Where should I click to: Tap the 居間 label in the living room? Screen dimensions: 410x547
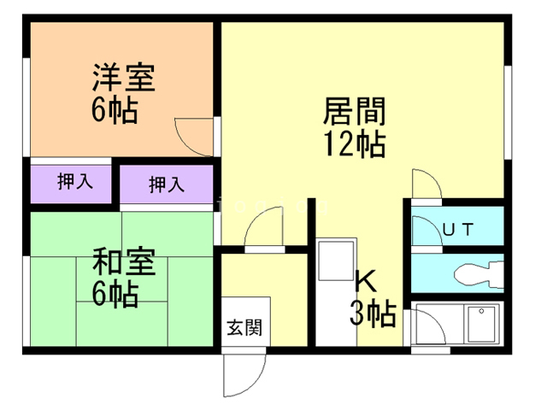click(x=354, y=112)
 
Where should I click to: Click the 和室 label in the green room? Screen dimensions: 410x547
click(x=123, y=261)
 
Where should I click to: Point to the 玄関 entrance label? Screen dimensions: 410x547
click(x=244, y=326)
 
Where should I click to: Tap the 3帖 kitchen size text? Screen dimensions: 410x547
click(x=371, y=314)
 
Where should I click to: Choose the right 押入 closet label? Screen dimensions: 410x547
click(x=166, y=184)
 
